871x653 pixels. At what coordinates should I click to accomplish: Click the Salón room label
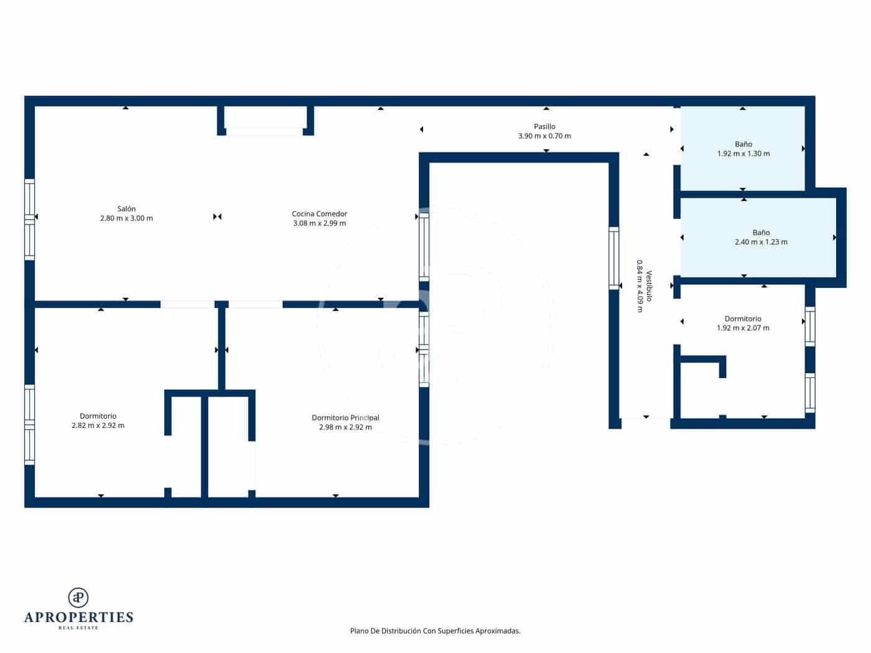(126, 209)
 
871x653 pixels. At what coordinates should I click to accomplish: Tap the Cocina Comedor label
(319, 214)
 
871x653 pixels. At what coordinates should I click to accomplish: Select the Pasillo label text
(544, 127)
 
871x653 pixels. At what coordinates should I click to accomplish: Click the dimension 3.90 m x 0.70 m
(544, 136)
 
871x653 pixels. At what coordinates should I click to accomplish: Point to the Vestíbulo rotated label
(649, 286)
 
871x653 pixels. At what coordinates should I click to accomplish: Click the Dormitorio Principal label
(345, 418)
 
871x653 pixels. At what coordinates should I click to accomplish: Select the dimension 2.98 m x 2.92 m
(345, 427)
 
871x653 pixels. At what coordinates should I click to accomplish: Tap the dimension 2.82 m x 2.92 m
(98, 426)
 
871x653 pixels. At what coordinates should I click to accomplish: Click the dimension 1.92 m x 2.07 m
(743, 328)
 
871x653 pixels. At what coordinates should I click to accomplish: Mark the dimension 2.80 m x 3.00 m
(126, 218)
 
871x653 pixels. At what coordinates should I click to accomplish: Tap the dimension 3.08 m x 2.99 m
(319, 223)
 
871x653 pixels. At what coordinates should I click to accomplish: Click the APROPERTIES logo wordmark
(78, 618)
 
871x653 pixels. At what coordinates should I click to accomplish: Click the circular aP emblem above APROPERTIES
(78, 598)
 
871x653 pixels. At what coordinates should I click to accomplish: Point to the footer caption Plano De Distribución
(435, 631)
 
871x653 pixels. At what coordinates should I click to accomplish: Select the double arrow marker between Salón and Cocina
(217, 216)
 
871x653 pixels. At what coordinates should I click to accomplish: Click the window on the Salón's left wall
(29, 219)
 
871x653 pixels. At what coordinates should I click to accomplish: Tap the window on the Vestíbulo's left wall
(613, 258)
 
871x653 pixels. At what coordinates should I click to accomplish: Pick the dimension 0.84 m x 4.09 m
(639, 286)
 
